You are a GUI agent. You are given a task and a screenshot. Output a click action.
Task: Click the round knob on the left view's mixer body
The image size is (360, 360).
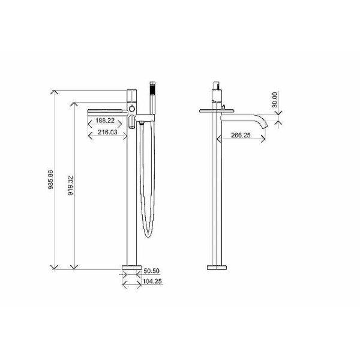click(x=131, y=109)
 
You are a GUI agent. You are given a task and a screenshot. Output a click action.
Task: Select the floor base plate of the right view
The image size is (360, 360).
click(x=218, y=266)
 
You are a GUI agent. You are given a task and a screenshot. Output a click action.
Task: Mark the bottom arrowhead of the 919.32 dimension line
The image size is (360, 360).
click(x=74, y=267)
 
